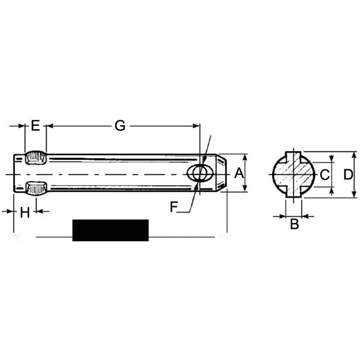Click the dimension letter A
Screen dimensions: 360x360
238,173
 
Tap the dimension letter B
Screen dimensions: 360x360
294,224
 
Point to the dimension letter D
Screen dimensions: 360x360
347,174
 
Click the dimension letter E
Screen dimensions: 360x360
36,126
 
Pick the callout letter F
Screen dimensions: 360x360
175,207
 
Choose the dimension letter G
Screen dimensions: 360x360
119,126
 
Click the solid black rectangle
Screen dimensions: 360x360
110,230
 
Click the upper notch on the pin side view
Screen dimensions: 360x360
35,158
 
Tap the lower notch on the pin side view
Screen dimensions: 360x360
35,188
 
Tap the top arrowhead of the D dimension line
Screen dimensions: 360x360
354,154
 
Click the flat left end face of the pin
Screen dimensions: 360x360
14,174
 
